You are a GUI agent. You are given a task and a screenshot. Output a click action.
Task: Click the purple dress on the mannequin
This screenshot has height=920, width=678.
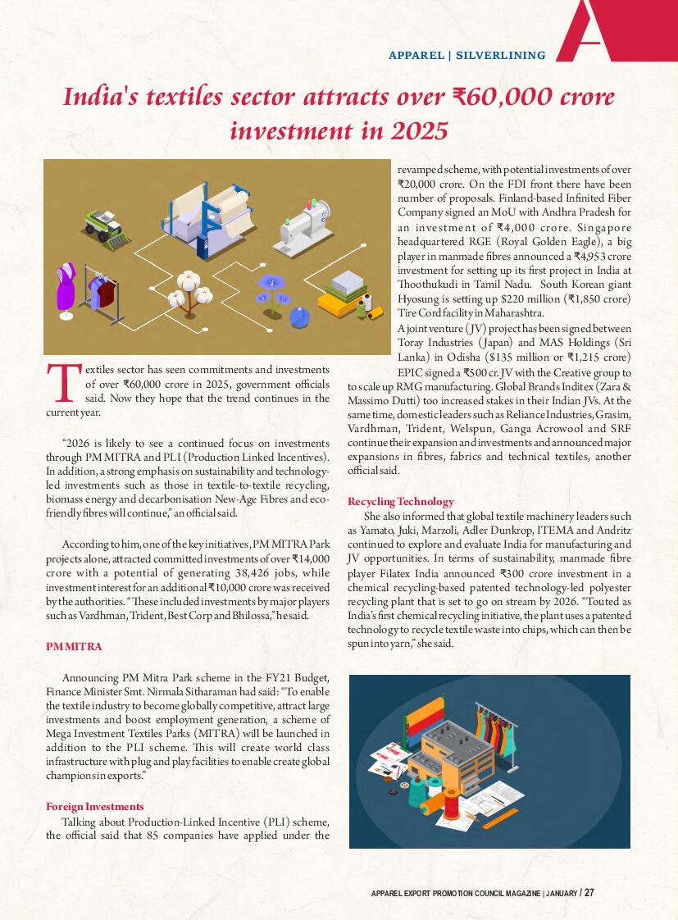click(x=66, y=287)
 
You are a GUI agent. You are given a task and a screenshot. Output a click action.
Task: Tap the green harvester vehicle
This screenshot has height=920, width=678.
click(x=107, y=225)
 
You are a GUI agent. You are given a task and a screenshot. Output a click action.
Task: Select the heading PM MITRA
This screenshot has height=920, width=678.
click(x=74, y=647)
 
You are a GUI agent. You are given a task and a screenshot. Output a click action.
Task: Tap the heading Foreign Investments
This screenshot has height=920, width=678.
click(x=94, y=807)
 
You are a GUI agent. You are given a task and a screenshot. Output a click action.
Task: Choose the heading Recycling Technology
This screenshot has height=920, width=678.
click(x=400, y=501)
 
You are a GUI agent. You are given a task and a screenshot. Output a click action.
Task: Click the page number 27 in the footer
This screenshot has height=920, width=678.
click(x=589, y=893)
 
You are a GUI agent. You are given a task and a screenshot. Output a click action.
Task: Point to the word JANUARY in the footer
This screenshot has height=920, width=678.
click(x=561, y=893)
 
